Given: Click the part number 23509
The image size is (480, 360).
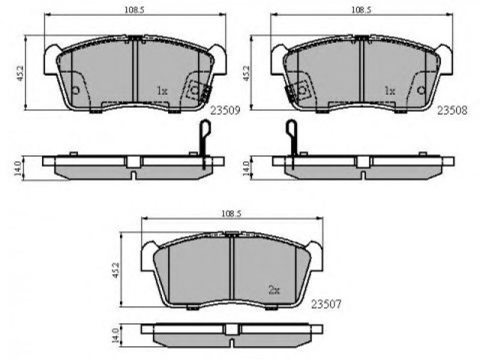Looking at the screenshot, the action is click(x=226, y=110).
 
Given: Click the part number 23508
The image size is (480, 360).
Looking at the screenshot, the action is click(x=452, y=110).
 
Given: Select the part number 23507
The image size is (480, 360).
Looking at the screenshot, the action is click(x=326, y=304).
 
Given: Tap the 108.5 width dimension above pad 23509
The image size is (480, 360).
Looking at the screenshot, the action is click(x=134, y=10).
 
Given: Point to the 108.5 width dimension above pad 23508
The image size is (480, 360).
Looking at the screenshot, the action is click(x=361, y=10).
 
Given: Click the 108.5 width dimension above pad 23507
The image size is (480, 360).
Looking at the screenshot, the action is click(x=231, y=214).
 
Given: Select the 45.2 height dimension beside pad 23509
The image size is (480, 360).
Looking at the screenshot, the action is click(x=20, y=73).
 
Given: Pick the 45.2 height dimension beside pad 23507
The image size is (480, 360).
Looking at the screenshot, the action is click(x=115, y=269).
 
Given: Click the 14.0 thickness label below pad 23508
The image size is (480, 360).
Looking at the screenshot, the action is click(x=247, y=169).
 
